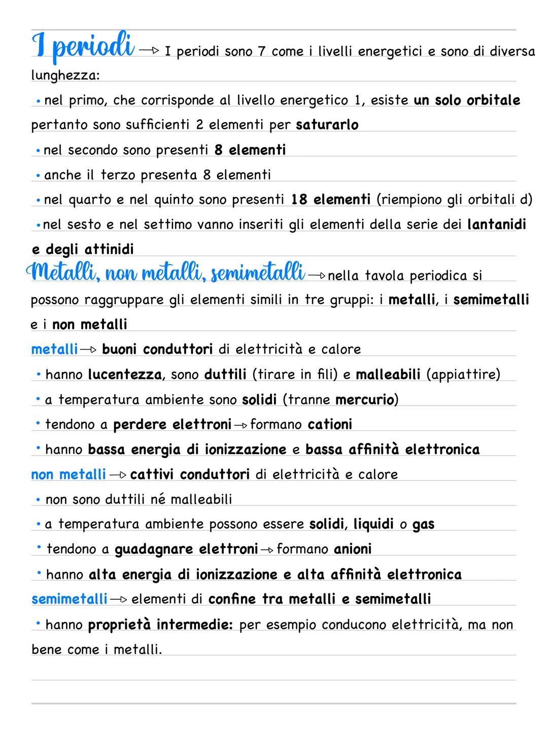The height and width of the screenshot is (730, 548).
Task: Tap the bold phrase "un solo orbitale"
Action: [467, 100]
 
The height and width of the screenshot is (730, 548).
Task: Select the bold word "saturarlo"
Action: [327, 125]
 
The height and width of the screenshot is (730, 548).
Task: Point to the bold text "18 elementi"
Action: [331, 199]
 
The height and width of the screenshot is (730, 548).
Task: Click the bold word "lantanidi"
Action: [496, 224]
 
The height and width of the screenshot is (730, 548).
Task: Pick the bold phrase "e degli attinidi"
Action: [83, 249]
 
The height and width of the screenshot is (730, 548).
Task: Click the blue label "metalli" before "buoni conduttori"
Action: [54, 349]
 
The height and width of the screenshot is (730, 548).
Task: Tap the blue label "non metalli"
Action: [68, 474]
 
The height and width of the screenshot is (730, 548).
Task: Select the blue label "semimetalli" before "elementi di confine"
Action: [69, 599]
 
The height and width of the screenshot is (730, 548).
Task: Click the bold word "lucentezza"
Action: [125, 374]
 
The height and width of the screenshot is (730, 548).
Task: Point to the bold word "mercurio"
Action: [365, 400]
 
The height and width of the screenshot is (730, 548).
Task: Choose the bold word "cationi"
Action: [330, 424]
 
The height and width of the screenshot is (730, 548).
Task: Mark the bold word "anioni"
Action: [353, 549]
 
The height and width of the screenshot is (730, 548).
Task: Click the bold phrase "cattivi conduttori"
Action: [190, 474]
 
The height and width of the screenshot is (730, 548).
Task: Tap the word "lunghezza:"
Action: [65, 76]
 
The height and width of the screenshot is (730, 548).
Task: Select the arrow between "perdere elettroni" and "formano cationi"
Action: [241, 425]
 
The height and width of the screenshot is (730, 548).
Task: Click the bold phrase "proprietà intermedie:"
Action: [160, 624]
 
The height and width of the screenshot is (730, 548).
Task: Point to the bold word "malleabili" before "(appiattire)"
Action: [388, 374]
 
